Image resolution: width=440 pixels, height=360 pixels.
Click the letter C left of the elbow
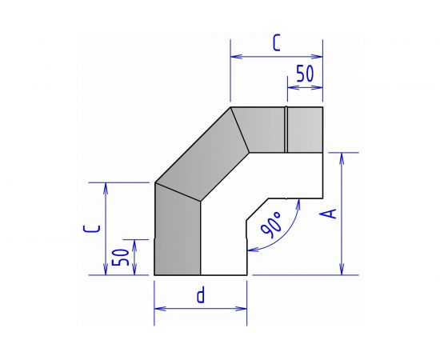tap(92, 229)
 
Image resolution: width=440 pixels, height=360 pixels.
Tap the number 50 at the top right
tap(305, 74)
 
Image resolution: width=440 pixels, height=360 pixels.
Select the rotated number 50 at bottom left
tap(121, 257)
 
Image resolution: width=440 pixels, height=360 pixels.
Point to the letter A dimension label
tap(328, 214)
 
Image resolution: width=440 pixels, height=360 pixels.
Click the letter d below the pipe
tap(201, 294)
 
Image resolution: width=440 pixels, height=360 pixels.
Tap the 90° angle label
tap(271, 225)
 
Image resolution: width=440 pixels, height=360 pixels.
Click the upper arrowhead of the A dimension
tap(342, 158)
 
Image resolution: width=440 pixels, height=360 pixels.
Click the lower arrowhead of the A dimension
tap(342, 270)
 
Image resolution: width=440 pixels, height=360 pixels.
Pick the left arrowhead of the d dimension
tap(160, 309)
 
